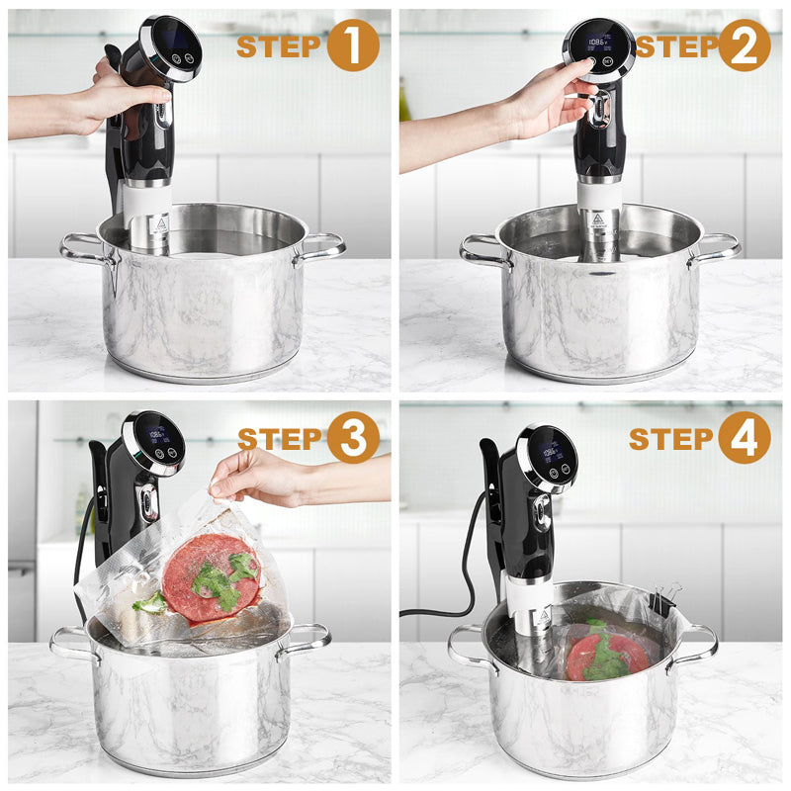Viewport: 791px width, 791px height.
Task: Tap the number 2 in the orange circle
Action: tap(745, 46)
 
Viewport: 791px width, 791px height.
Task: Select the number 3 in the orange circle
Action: tap(353, 437)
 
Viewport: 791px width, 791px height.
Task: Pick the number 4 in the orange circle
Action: tap(745, 437)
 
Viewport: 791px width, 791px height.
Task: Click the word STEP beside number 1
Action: tap(279, 46)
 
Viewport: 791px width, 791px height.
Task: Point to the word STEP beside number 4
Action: tap(671, 438)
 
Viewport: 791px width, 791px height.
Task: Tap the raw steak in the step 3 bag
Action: tap(212, 576)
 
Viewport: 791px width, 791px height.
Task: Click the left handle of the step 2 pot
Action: tap(483, 250)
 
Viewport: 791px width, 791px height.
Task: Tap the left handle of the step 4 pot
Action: tap(469, 647)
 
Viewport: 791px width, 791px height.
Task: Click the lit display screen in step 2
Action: tap(598, 43)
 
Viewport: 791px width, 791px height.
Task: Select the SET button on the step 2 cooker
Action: tap(607, 61)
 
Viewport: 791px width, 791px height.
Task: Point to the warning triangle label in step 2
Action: tap(598, 219)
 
